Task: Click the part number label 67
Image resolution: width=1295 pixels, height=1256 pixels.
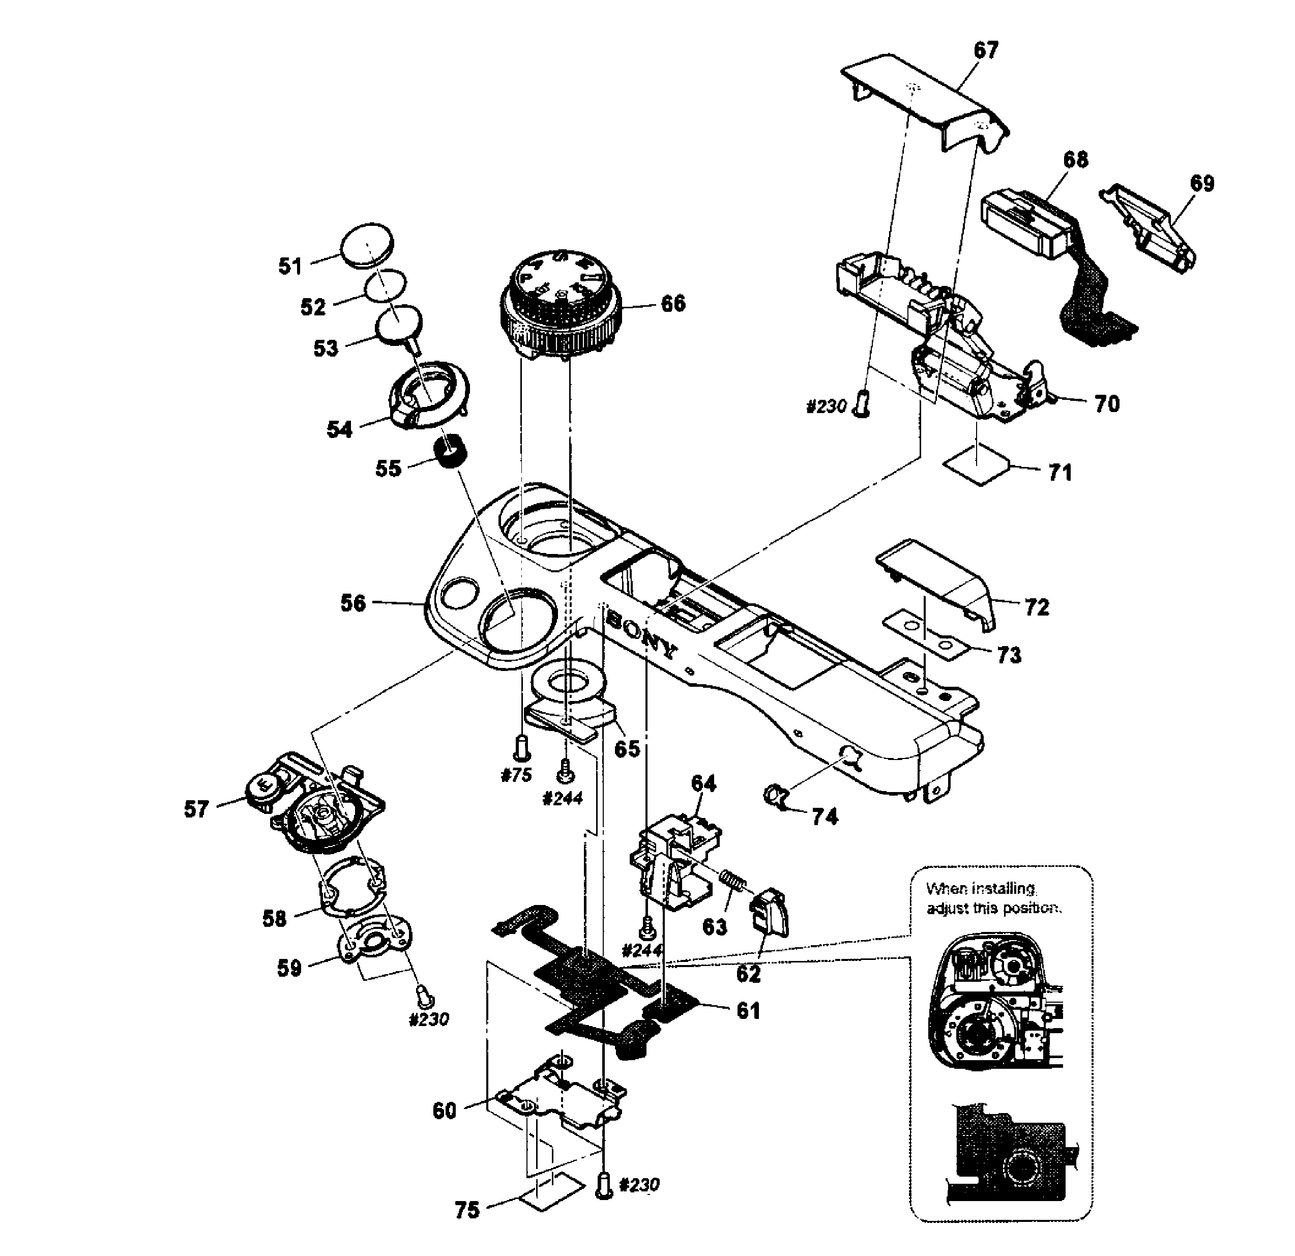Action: (x=986, y=51)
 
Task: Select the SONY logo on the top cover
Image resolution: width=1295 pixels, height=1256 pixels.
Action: (x=641, y=635)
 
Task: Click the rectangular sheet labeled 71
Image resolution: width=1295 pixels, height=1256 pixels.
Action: (x=977, y=465)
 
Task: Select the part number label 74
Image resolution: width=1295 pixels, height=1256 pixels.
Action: (x=825, y=817)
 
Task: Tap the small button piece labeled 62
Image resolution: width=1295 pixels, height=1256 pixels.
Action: (x=769, y=913)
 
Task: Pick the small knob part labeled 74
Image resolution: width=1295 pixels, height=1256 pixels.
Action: (x=774, y=795)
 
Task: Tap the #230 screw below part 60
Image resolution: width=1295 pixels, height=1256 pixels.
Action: (x=603, y=1185)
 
